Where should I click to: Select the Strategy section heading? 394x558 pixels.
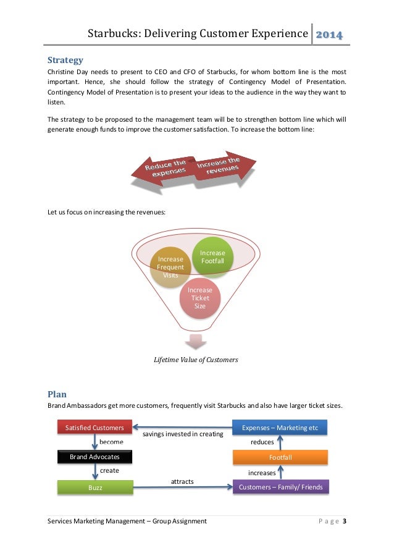coord(65,61)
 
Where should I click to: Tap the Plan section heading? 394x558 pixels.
coord(57,394)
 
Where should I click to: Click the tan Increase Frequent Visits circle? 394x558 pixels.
coord(170,268)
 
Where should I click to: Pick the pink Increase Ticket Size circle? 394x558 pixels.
coord(199,298)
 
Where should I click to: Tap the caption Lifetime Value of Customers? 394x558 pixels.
coord(196,360)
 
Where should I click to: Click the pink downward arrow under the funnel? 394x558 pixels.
coord(196,342)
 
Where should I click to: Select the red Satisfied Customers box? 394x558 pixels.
coord(94,428)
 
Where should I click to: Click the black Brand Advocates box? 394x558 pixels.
coord(94,457)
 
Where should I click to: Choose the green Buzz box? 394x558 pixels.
coord(94,488)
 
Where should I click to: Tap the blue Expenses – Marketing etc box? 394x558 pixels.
coord(280,428)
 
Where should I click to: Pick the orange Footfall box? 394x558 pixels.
coord(280,457)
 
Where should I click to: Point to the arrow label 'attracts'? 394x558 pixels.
coord(182,480)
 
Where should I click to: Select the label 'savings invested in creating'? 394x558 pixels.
coord(183,434)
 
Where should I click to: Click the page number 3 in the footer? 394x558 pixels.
coord(344,522)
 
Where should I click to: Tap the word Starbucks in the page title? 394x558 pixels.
coord(112,33)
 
